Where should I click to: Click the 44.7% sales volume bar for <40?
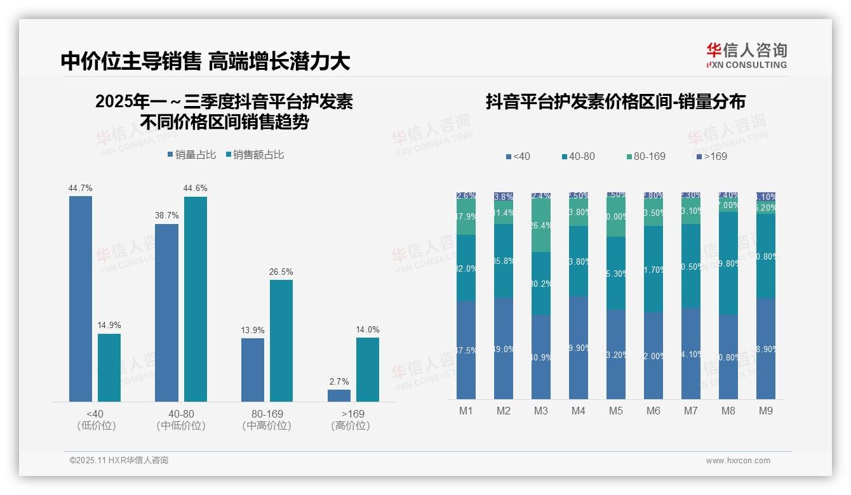pos(81,298)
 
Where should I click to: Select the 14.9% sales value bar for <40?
pos(109,367)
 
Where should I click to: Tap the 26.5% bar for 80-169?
pos(281,340)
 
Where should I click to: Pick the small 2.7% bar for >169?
pos(339,395)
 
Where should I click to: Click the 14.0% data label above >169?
pos(368,329)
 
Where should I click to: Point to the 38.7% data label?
pos(166,216)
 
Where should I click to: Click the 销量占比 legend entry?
pos(192,155)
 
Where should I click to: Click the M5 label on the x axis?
pos(616,411)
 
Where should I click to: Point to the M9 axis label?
pos(766,411)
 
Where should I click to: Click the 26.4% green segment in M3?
pos(541,225)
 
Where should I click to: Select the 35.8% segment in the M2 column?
pos(504,261)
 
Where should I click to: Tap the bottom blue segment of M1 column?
pos(466,350)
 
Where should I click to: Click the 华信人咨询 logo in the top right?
pos(746,55)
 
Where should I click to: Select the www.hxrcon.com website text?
pos(738,461)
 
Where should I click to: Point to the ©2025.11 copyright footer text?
pos(119,461)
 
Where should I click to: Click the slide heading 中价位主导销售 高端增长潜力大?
pos(205,62)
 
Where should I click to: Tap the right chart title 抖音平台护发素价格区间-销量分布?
pos(615,102)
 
